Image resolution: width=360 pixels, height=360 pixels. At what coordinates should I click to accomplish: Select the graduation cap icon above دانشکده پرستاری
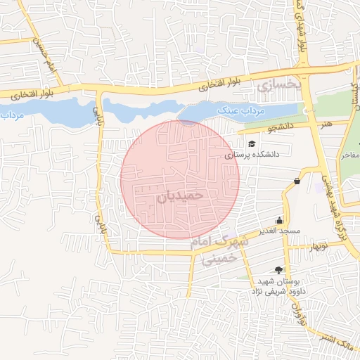click(252, 143)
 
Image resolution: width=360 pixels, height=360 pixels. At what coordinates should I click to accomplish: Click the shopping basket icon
click(297, 181)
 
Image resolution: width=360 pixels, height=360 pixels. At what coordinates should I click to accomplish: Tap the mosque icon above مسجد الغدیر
click(280, 219)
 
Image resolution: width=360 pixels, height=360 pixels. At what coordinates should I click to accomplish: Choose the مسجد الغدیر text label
click(279, 231)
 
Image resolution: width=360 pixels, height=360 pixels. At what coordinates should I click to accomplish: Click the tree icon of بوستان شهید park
click(279, 270)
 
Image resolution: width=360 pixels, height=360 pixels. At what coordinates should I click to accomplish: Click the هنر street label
click(324, 124)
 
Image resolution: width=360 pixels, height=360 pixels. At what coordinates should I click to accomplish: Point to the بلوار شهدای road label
click(302, 32)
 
